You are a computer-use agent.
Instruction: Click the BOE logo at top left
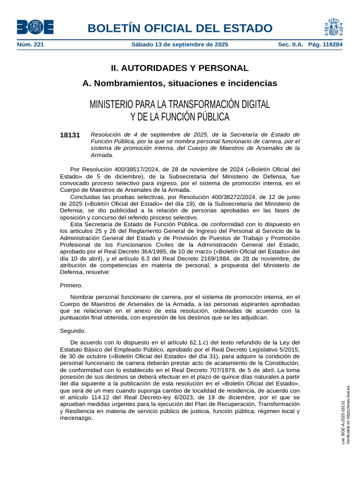click(x=35, y=27)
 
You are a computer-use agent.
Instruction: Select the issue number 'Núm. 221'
click(x=30, y=45)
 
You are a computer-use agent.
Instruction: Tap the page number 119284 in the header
click(x=331, y=45)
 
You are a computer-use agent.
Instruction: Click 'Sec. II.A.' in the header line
click(x=291, y=45)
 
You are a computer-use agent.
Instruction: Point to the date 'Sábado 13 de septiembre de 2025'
click(x=180, y=45)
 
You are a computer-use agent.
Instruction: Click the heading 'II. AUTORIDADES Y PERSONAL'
click(x=180, y=68)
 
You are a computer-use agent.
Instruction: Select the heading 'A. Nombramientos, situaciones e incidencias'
click(x=180, y=83)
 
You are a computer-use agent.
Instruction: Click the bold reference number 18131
click(x=70, y=135)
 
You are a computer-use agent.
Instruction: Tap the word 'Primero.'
click(x=71, y=285)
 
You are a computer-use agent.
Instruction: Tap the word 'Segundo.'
click(x=73, y=330)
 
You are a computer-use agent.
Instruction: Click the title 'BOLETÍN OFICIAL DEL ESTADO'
click(x=180, y=28)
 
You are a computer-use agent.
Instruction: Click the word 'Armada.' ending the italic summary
click(x=102, y=155)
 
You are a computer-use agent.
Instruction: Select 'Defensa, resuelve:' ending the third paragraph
click(x=85, y=272)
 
